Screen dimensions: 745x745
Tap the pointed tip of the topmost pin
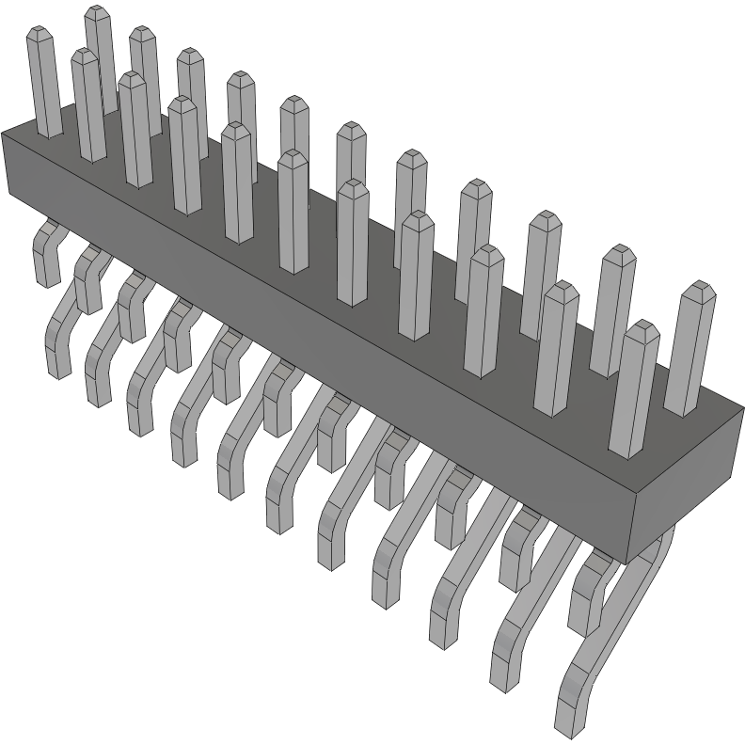pos(97,11)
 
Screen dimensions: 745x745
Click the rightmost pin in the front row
pos(634,390)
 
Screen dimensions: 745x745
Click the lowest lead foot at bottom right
pos(569,720)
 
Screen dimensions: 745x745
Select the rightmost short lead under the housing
pos(586,602)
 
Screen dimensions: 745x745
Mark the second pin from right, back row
pos(612,310)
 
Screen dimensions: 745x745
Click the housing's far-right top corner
pos(743,408)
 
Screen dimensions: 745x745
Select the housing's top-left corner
pos(3,134)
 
